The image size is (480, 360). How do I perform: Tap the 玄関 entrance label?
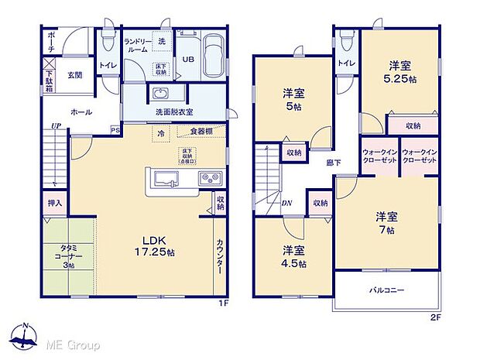[74, 75]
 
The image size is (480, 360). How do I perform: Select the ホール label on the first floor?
[81, 112]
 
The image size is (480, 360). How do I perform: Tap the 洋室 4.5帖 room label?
[293, 256]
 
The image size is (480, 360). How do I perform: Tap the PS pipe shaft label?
[115, 130]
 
